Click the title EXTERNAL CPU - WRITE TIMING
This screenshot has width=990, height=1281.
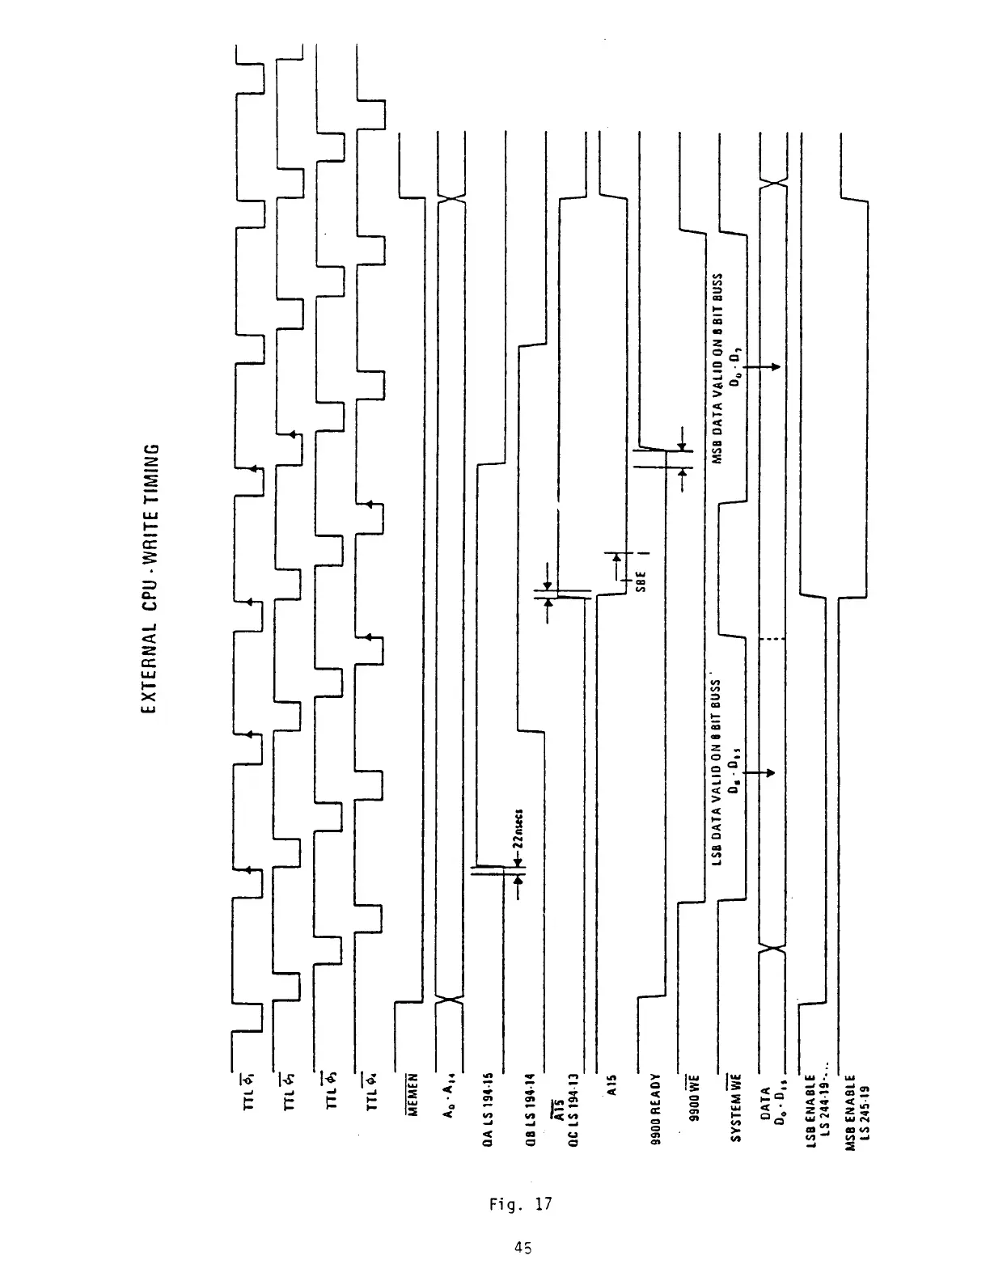(x=148, y=579)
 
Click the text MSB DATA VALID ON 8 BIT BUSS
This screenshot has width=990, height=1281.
(x=717, y=369)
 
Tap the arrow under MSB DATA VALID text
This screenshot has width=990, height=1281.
(x=760, y=366)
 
